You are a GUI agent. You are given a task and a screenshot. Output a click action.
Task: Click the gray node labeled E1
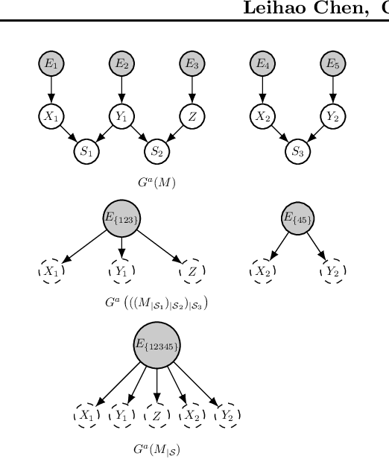(x=51, y=65)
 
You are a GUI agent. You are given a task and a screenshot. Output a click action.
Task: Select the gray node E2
(x=121, y=65)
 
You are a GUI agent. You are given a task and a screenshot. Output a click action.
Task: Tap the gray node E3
(x=192, y=65)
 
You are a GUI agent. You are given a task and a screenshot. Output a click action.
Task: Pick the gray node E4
(x=262, y=65)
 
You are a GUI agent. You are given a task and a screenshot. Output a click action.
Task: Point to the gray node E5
(x=332, y=65)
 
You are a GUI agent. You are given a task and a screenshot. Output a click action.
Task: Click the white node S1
(x=86, y=151)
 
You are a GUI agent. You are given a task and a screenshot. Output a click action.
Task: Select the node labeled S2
(x=156, y=151)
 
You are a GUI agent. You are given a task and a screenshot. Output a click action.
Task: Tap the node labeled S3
(x=297, y=151)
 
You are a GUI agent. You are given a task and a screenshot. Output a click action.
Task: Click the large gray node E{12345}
(x=156, y=345)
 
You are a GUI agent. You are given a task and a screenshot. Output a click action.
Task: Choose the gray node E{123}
(x=121, y=218)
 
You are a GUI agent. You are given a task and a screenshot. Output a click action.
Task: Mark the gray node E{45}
(x=297, y=218)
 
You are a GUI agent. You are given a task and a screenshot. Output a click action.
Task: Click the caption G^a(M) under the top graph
(x=156, y=181)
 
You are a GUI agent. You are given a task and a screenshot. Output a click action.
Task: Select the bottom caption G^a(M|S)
(x=156, y=449)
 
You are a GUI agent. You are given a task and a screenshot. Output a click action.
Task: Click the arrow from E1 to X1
(x=51, y=90)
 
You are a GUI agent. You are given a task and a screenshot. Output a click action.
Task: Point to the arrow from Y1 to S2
(x=139, y=133)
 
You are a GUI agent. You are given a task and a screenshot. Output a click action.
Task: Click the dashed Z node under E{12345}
(x=156, y=414)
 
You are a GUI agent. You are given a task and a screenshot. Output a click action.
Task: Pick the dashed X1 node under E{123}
(x=51, y=272)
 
